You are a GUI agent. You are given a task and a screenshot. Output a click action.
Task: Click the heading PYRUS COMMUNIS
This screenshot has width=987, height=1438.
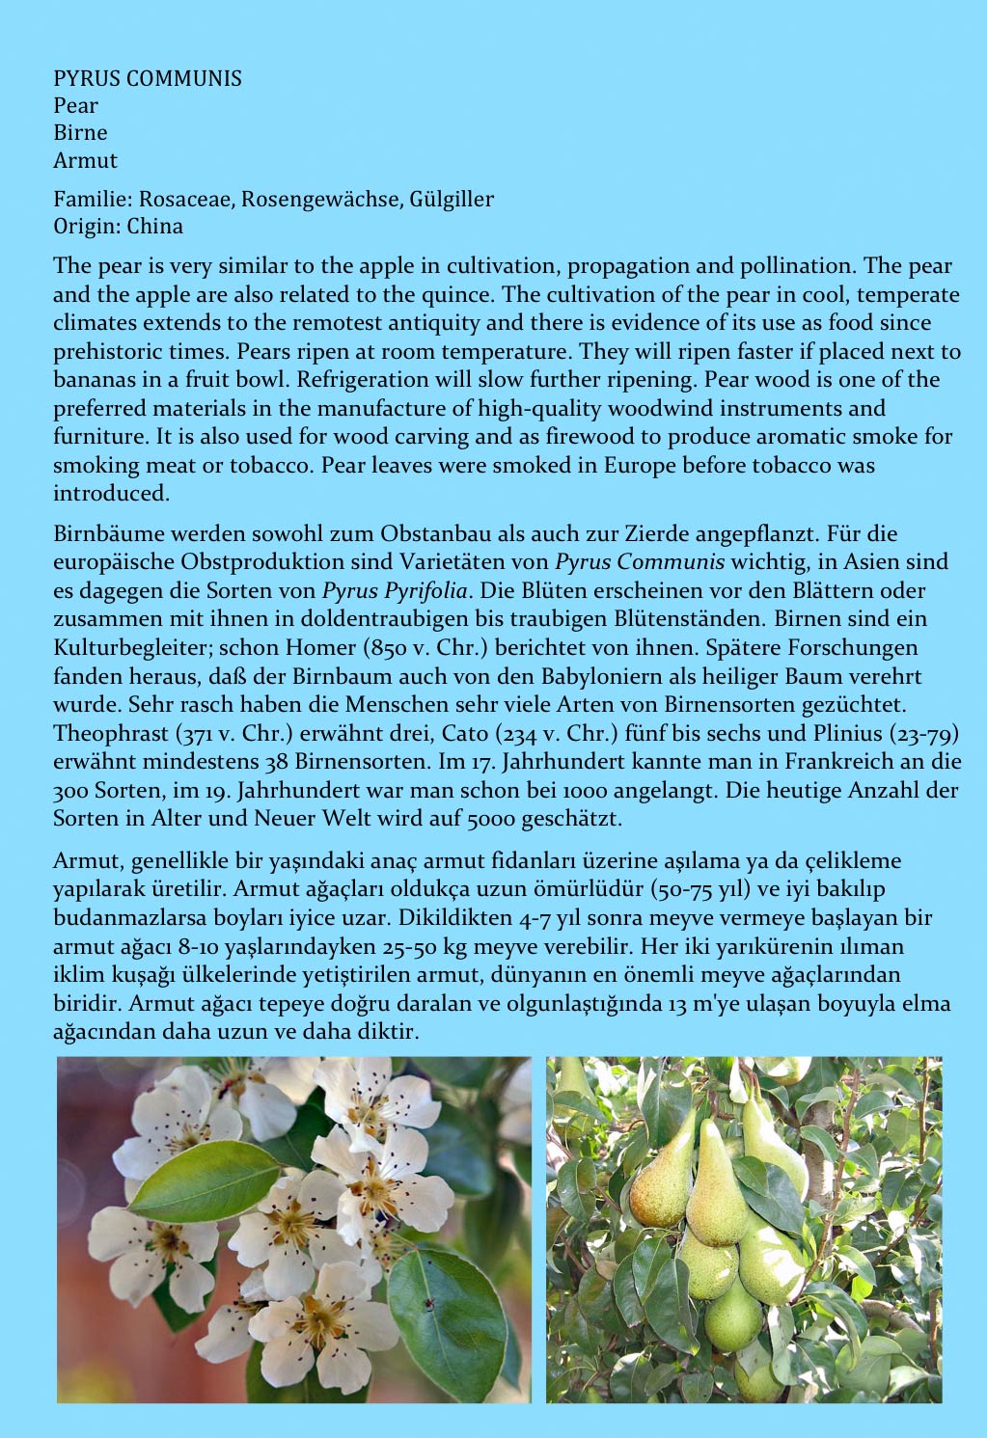click(x=147, y=78)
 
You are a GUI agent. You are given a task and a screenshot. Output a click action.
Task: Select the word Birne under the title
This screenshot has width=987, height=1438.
click(x=80, y=133)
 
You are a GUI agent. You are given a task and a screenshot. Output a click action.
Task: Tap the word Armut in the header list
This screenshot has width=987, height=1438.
click(x=85, y=161)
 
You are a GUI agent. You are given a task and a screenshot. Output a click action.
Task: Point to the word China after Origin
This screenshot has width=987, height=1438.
click(x=154, y=227)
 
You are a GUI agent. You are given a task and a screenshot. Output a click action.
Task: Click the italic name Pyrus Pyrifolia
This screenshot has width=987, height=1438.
click(x=395, y=590)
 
